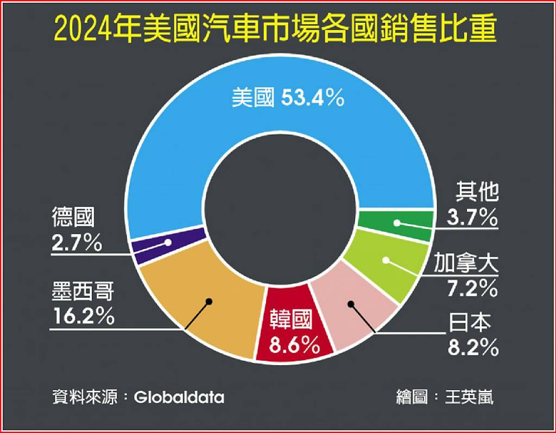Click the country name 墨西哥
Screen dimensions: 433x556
pyautogui.click(x=83, y=293)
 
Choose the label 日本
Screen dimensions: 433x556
pyautogui.click(x=470, y=324)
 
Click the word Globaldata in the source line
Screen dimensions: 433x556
pyautogui.click(x=179, y=397)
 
